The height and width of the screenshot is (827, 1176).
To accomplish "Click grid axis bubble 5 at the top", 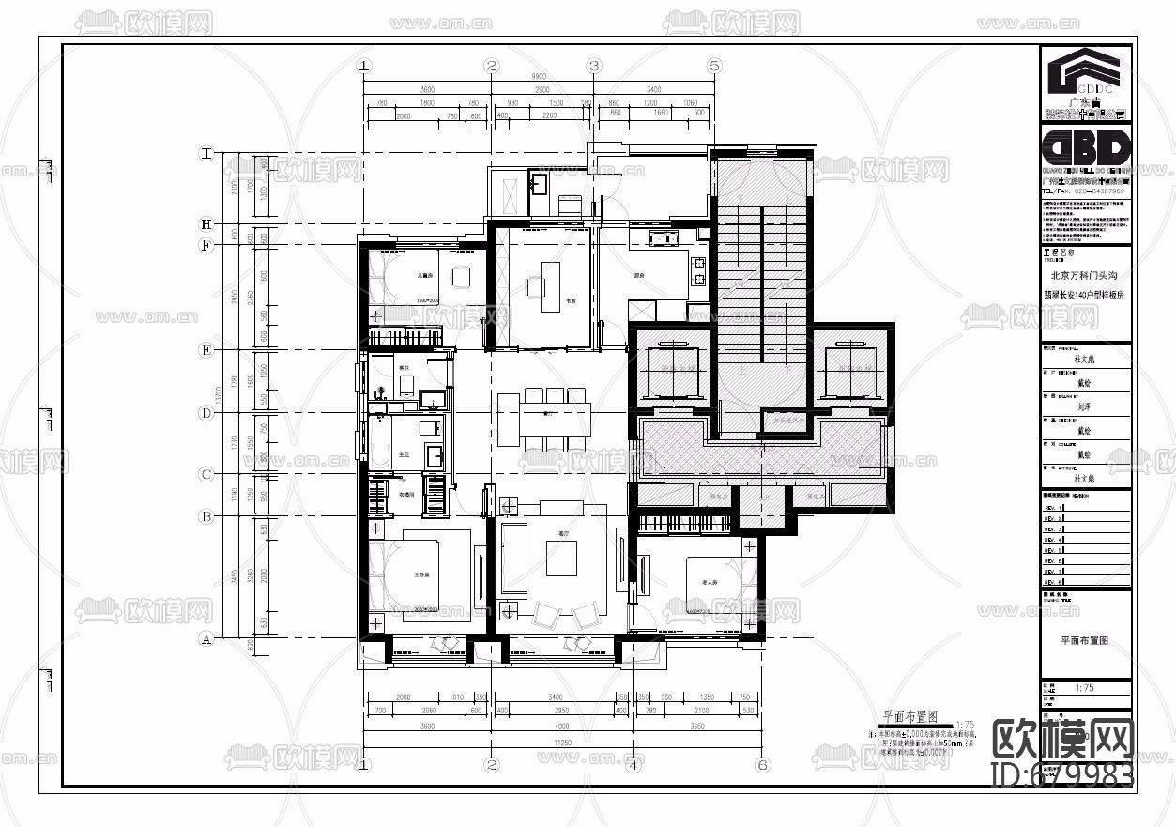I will tap(714, 66).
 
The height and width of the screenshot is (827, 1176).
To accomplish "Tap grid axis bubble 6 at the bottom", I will tap(763, 765).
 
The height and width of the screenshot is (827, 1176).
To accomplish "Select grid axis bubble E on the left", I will tap(206, 350).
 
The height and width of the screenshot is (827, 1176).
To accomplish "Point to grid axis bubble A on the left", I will tap(206, 640).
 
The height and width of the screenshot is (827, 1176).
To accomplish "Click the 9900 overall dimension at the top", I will tap(539, 76).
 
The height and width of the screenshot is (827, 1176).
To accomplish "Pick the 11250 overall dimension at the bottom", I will tap(563, 742).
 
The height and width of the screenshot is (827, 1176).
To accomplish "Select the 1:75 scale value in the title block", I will tap(1084, 688).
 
